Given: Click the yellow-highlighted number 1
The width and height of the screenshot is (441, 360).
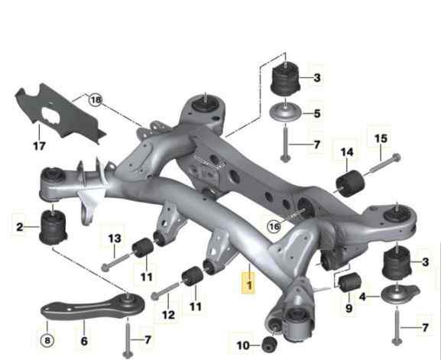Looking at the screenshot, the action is [x=249, y=285].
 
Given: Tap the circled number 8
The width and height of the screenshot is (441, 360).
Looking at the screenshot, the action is [x=47, y=341].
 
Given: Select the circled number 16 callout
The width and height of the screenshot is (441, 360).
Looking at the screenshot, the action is [x=274, y=225].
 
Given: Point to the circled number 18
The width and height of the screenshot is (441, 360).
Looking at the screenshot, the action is [x=96, y=100].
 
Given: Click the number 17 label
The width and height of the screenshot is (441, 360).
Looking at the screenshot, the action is [x=40, y=146].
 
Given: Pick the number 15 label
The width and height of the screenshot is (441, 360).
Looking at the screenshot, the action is [x=381, y=138].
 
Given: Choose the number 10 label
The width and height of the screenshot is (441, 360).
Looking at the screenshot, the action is [x=243, y=345].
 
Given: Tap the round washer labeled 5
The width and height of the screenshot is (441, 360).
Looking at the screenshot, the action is [x=286, y=112].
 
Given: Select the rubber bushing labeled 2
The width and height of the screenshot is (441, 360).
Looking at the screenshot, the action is [x=54, y=227].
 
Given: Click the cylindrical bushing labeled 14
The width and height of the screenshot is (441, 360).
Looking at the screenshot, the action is [x=350, y=183].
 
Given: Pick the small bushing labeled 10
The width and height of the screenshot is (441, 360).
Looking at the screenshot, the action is [x=269, y=345].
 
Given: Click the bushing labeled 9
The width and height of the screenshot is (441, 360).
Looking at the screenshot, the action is [x=349, y=282].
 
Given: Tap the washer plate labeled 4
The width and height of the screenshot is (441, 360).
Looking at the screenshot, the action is [x=400, y=294].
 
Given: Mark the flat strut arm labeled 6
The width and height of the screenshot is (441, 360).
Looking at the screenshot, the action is [x=92, y=306].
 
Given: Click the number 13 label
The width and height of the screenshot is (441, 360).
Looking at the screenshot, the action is [x=115, y=238].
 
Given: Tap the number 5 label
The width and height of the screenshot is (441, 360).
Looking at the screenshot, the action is [x=317, y=114].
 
